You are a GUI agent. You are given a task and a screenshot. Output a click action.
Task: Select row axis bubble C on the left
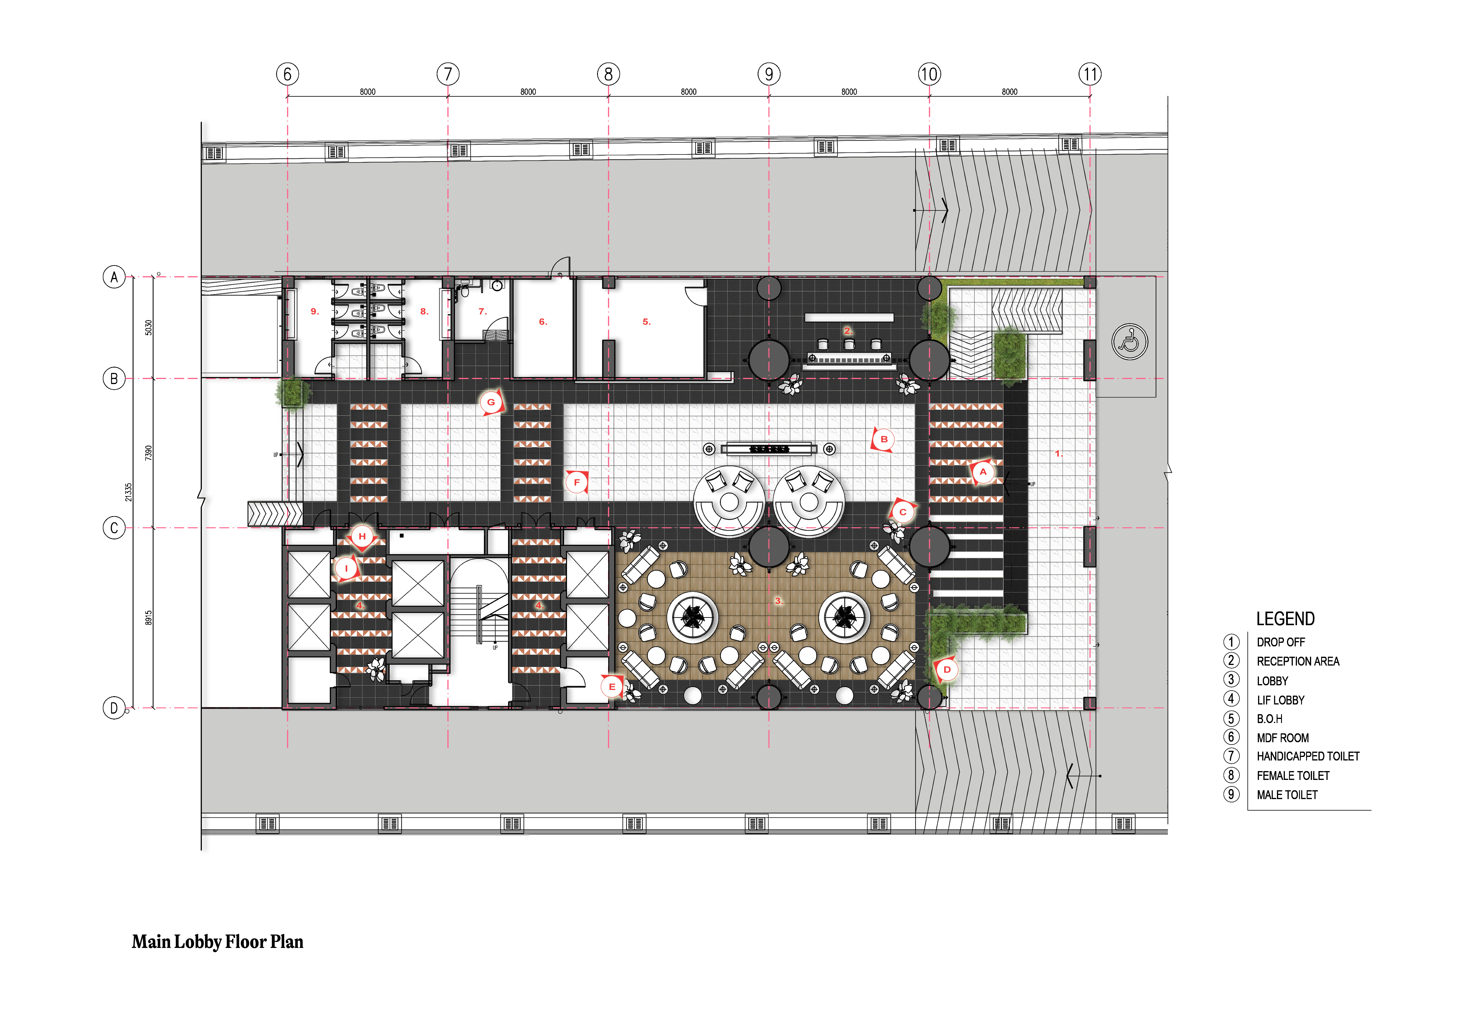[114, 528]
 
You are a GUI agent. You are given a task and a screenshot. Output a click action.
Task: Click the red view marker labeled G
[491, 402]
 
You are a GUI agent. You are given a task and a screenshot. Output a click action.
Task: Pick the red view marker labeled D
[947, 670]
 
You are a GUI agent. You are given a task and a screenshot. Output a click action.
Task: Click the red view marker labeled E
[612, 686]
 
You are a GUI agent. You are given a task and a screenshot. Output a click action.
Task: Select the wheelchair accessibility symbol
[1130, 342]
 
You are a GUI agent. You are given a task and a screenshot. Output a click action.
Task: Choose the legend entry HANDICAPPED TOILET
[1308, 756]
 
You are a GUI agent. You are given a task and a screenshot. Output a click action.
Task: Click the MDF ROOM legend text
[1283, 738]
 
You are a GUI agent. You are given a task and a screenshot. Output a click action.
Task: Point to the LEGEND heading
[1285, 619]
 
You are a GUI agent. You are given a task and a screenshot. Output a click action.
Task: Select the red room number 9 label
[314, 311]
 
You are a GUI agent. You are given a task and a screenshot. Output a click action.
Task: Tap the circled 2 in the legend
[1231, 661]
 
